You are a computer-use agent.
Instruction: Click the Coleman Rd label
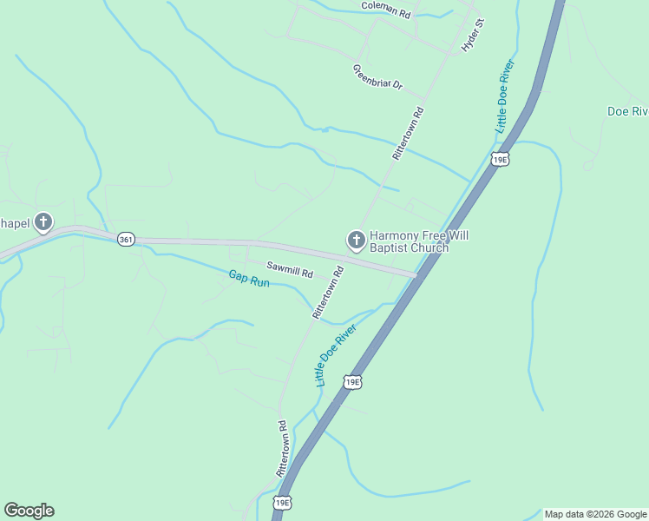pyautogui.click(x=386, y=10)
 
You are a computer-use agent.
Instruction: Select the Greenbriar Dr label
pyautogui.click(x=378, y=76)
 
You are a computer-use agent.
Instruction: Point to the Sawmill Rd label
pyautogui.click(x=289, y=271)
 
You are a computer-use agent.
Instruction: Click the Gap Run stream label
pyautogui.click(x=249, y=280)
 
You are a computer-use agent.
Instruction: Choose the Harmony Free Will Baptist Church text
pyautogui.click(x=409, y=241)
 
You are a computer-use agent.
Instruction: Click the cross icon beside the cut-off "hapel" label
pyautogui.click(x=43, y=222)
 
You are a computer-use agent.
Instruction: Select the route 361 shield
pyautogui.click(x=127, y=240)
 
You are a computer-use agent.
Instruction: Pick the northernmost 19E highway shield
pyautogui.click(x=499, y=158)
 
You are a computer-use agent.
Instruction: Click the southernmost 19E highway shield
pyautogui.click(x=282, y=503)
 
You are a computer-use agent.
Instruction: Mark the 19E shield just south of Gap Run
pyautogui.click(x=351, y=381)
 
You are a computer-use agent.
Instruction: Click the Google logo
pyautogui.click(x=29, y=511)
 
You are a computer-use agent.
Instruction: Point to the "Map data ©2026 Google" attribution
pyautogui.click(x=595, y=514)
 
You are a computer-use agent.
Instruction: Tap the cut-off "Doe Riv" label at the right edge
pyautogui.click(x=627, y=111)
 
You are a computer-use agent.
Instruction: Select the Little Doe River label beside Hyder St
pyautogui.click(x=506, y=96)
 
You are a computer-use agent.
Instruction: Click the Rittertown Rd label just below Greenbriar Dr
pyautogui.click(x=407, y=132)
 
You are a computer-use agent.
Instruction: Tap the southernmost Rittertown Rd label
pyautogui.click(x=282, y=448)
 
